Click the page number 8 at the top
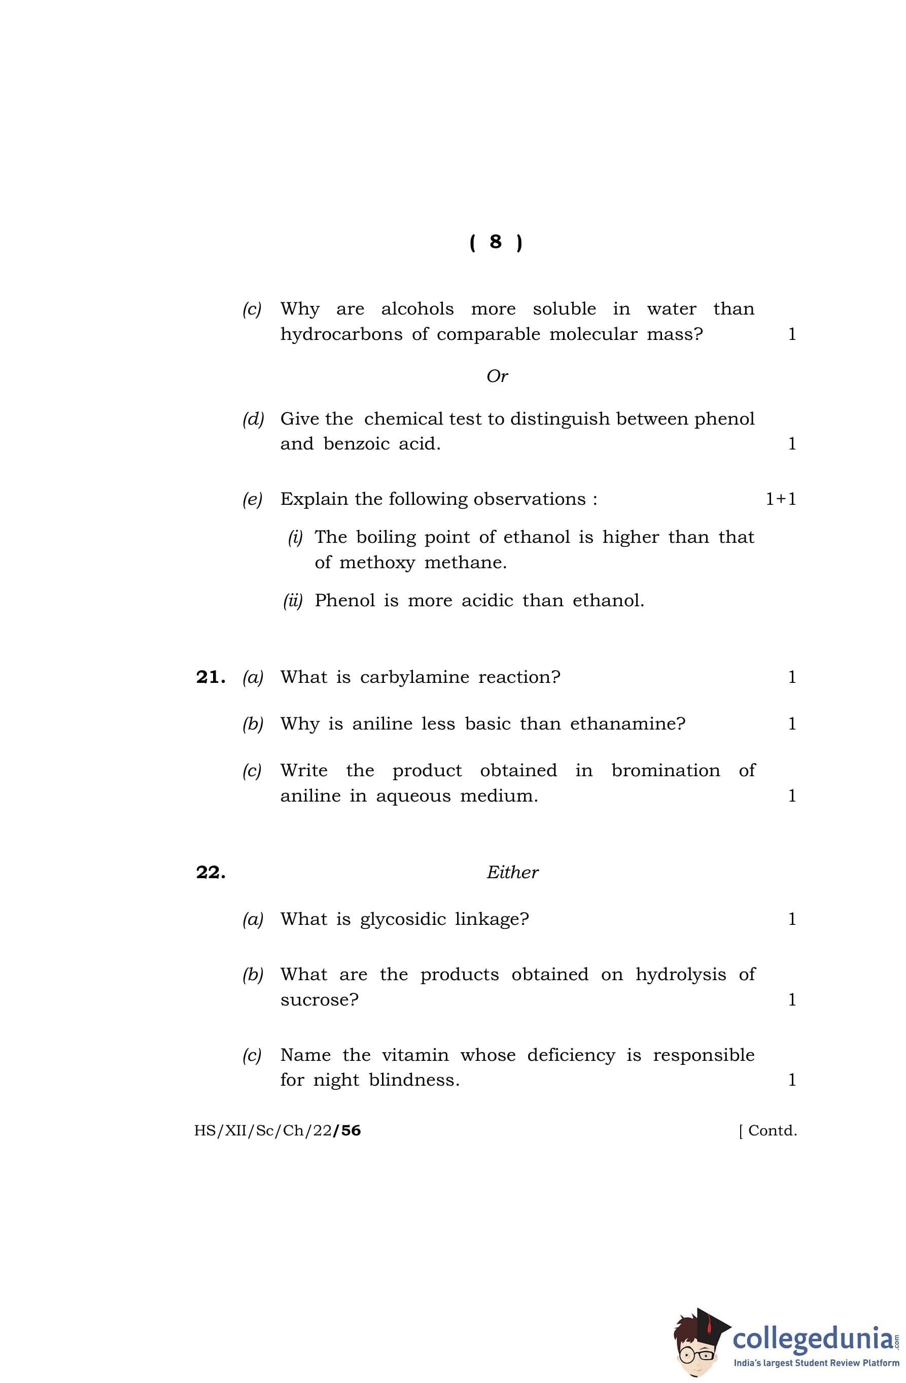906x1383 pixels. [495, 241]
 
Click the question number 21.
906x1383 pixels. [211, 677]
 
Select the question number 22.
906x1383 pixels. [211, 872]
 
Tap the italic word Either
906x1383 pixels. [512, 872]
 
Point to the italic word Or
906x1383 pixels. [497, 376]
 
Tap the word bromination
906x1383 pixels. [666, 771]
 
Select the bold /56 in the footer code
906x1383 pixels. [347, 1130]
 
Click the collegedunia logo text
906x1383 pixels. [813, 1338]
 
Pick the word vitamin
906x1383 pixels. [415, 1055]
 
